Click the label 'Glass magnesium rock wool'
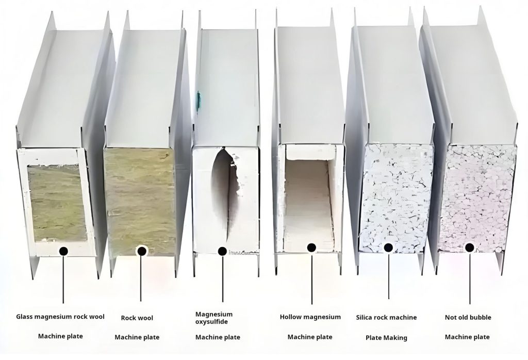click(x=60, y=317)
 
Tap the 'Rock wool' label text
click(x=137, y=318)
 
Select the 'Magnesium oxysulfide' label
click(x=214, y=318)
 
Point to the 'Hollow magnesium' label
click(x=310, y=317)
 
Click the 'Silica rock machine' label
click(x=386, y=317)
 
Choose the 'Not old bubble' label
click(x=468, y=317)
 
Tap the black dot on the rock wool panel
click(x=141, y=251)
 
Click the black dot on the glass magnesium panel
click(x=63, y=251)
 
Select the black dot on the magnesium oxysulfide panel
click(x=222, y=251)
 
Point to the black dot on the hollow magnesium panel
click(x=311, y=248)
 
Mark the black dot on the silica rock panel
click(x=388, y=248)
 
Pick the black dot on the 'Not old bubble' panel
click(x=469, y=248)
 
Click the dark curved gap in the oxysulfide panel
click(x=220, y=196)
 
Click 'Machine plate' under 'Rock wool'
click(x=137, y=337)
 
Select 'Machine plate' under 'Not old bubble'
click(x=467, y=337)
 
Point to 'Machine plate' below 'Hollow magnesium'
click(x=310, y=337)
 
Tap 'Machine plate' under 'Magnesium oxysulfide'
click(x=218, y=337)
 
